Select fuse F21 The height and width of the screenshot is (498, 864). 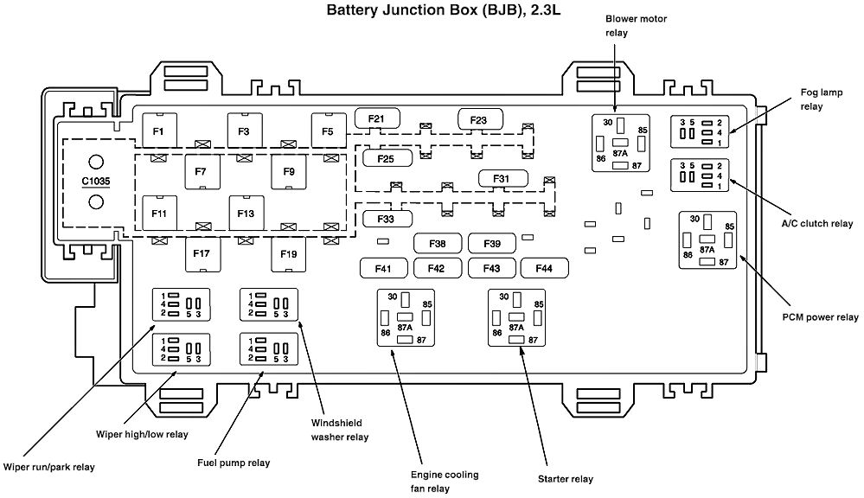click(x=376, y=118)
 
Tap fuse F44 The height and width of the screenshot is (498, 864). click(x=544, y=269)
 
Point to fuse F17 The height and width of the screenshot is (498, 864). click(x=202, y=254)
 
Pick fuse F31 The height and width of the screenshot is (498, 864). click(x=502, y=179)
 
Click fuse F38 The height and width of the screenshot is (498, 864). click(x=438, y=244)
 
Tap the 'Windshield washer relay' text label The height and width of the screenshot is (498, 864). click(x=339, y=430)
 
